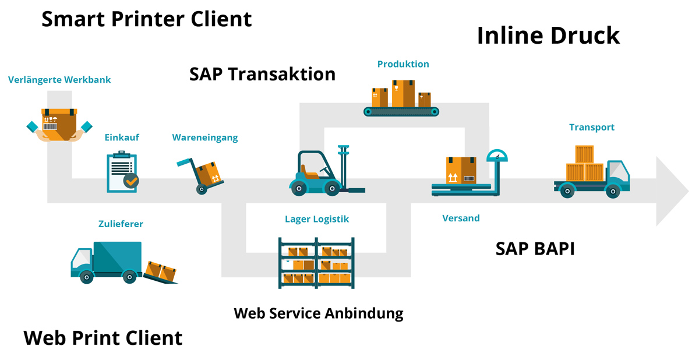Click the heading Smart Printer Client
pos(146,19)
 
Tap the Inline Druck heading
pos(548,36)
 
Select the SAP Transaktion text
pos(262,74)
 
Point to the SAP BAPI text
pos(535,249)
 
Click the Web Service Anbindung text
pos(319,313)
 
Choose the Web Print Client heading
pos(103,338)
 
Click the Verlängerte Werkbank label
pos(59,80)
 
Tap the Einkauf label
pos(122,137)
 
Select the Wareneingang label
pos(205,137)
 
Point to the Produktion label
pos(403,64)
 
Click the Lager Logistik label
pos(317,219)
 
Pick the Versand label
pos(461,218)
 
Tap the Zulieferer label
pos(121,224)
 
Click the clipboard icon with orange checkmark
pos(122,172)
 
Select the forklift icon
pos(326,171)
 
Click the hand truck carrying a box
pos(200,176)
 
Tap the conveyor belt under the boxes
pos(401,111)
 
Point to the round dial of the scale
pos(497,156)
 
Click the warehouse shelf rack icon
pos(316,263)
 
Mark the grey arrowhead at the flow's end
pos(671,191)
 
